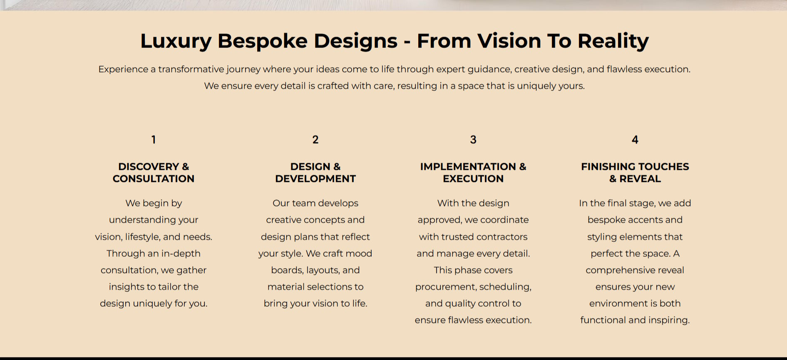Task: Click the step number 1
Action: pyautogui.click(x=154, y=140)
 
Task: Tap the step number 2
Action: pyautogui.click(x=315, y=140)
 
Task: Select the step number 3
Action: pyautogui.click(x=473, y=140)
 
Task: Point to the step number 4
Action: pyautogui.click(x=635, y=140)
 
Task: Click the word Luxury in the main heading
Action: pyautogui.click(x=176, y=41)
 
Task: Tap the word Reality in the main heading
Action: pyautogui.click(x=613, y=41)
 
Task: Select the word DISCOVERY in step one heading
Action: pyautogui.click(x=149, y=166)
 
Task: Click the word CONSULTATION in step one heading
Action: pyautogui.click(x=154, y=179)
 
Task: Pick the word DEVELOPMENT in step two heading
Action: pyautogui.click(x=315, y=179)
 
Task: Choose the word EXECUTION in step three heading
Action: pyautogui.click(x=473, y=179)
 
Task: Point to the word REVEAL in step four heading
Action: pyautogui.click(x=640, y=179)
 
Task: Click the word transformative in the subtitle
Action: pyautogui.click(x=191, y=69)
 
